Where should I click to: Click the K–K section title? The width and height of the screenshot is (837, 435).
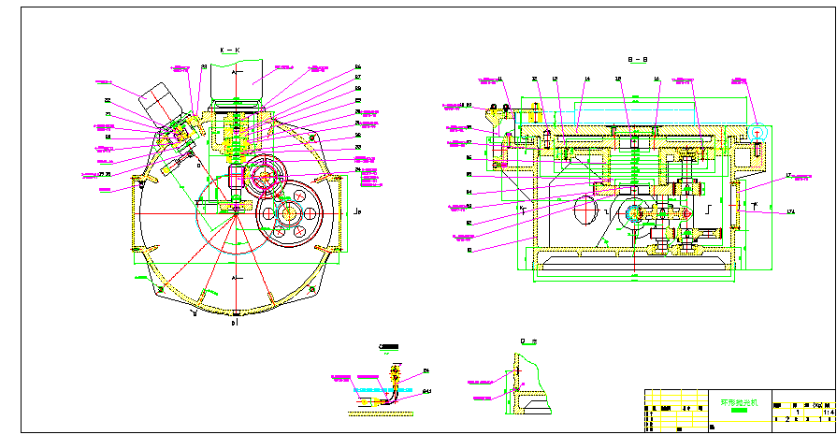coord(230,50)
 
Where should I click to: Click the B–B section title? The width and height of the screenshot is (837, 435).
coord(638,59)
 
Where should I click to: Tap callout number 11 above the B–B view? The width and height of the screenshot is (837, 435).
coord(500,79)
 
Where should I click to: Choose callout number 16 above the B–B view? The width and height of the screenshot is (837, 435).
coord(657,79)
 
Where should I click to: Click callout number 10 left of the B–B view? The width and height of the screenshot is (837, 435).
coord(469,250)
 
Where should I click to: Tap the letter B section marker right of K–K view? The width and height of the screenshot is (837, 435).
coord(360,212)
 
